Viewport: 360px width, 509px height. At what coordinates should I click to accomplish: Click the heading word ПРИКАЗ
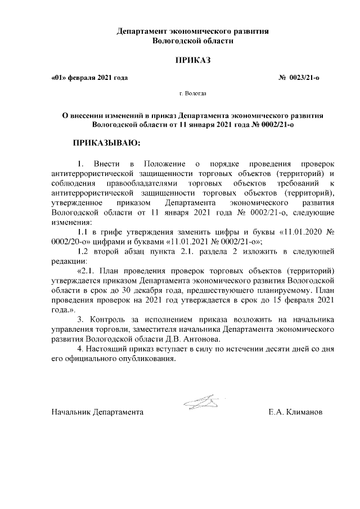193,60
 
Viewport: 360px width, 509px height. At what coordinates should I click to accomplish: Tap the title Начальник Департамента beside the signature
97,412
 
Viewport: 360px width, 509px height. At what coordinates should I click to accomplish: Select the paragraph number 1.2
83,251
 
